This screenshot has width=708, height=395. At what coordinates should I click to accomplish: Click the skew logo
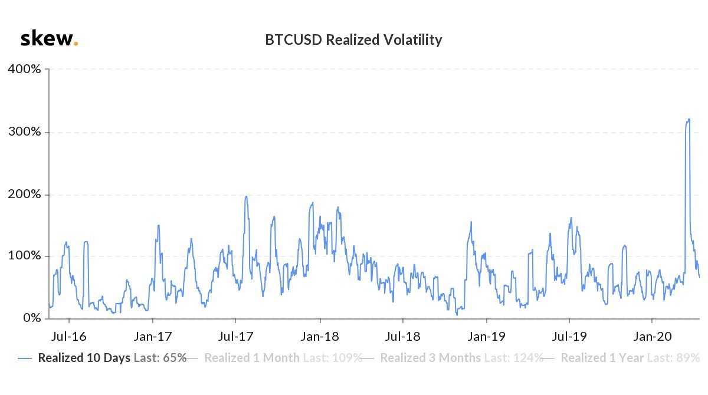(49, 39)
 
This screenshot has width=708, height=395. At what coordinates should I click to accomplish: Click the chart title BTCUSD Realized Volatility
(353, 40)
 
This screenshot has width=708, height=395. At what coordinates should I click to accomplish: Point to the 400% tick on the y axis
(24, 69)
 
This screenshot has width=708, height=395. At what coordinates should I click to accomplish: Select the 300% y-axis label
(24, 131)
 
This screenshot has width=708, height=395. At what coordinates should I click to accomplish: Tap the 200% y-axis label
(24, 195)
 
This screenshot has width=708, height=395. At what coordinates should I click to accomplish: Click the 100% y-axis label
(24, 256)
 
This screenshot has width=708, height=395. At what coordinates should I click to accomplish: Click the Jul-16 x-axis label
(69, 337)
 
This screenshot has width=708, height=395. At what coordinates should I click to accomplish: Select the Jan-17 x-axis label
(153, 337)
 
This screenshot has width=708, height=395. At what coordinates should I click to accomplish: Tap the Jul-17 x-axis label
(235, 337)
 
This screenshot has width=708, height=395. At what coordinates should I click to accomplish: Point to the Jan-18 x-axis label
(320, 337)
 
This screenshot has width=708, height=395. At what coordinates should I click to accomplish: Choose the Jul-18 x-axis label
(402, 337)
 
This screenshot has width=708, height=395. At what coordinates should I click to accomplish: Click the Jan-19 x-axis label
(486, 337)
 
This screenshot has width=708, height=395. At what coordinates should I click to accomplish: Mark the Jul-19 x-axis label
(569, 337)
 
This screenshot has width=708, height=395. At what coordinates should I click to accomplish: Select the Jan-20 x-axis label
(652, 337)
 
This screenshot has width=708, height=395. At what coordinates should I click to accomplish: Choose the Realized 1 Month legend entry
(283, 358)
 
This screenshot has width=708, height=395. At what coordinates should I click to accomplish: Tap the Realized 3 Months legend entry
(461, 358)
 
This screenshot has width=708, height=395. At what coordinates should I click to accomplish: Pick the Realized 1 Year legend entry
(630, 358)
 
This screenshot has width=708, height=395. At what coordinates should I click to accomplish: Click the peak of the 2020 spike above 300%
(689, 119)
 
